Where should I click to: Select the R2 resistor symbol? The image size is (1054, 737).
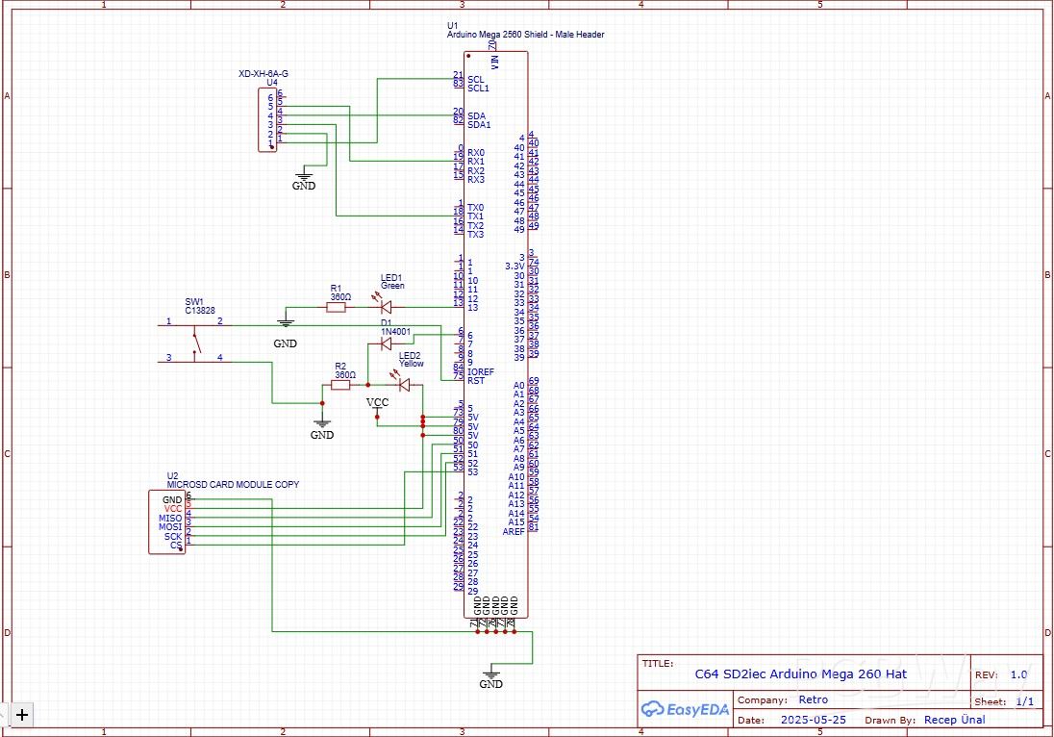pyautogui.click(x=341, y=385)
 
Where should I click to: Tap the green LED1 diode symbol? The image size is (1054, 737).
pyautogui.click(x=387, y=308)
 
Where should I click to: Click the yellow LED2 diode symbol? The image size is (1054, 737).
pyautogui.click(x=404, y=385)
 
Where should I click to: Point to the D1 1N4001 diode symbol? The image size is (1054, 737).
pyautogui.click(x=387, y=343)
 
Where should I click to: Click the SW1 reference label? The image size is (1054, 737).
pyautogui.click(x=194, y=300)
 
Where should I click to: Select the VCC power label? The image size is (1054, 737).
pyautogui.click(x=378, y=403)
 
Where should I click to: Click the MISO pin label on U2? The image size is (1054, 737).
pyautogui.click(x=170, y=519)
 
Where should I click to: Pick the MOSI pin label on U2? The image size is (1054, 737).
pyautogui.click(x=170, y=527)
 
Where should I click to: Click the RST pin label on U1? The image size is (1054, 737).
pyautogui.click(x=474, y=379)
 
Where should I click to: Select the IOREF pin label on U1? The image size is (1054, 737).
pyautogui.click(x=480, y=370)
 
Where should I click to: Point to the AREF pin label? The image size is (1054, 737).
pyautogui.click(x=514, y=531)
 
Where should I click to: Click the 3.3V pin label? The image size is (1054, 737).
pyautogui.click(x=514, y=266)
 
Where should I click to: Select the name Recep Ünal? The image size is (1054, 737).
pyautogui.click(x=954, y=720)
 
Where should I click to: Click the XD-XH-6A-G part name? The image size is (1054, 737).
pyautogui.click(x=263, y=73)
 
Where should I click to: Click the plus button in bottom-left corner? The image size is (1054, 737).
pyautogui.click(x=21, y=713)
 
